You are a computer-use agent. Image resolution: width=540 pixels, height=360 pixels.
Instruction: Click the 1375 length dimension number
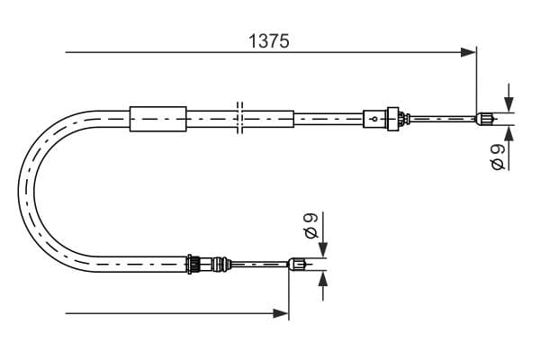(268, 41)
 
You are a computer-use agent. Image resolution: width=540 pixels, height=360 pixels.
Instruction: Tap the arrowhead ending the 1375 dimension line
(468, 52)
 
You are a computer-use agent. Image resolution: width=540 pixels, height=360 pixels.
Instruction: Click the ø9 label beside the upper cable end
(498, 157)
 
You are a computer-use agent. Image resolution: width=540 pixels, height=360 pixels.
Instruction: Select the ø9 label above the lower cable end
(311, 225)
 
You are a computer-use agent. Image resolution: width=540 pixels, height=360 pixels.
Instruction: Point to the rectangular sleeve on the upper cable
(158, 119)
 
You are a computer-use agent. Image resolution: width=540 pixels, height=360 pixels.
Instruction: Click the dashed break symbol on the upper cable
(240, 118)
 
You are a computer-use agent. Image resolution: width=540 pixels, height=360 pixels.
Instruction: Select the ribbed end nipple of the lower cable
(297, 264)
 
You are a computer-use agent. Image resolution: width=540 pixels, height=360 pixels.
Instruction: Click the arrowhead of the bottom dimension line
(280, 313)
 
